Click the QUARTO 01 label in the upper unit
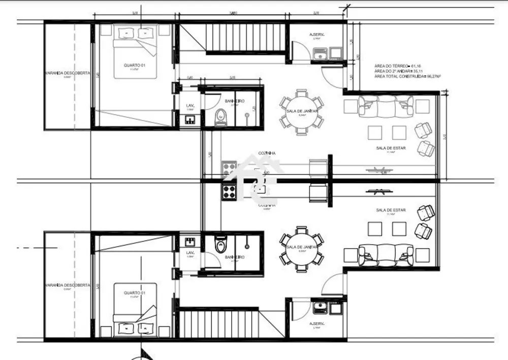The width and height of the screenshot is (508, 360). [135, 65]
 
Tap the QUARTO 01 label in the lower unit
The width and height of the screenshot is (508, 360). [135, 293]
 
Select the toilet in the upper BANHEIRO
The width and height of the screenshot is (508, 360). [220, 117]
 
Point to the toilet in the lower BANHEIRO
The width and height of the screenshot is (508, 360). [220, 245]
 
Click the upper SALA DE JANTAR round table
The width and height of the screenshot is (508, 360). [301, 112]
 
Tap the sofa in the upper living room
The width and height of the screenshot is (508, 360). [386, 106]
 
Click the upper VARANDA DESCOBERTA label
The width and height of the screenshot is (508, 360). [67, 73]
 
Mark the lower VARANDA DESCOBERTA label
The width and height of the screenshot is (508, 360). [67, 285]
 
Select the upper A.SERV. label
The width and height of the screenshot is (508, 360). [317, 35]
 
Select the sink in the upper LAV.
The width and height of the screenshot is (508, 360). [190, 119]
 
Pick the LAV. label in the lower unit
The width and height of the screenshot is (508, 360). [190, 253]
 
